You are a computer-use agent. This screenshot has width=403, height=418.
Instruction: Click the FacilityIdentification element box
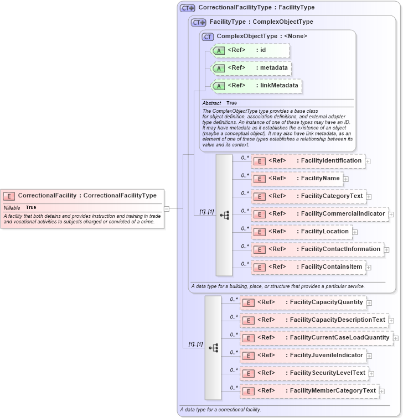click(x=308, y=161)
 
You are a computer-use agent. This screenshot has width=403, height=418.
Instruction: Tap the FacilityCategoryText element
click(x=308, y=196)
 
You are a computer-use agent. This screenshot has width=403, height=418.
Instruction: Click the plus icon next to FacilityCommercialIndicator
click(x=390, y=214)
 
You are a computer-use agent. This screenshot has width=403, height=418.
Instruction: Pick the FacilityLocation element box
click(x=301, y=232)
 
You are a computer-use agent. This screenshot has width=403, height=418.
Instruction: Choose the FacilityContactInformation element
click(x=317, y=249)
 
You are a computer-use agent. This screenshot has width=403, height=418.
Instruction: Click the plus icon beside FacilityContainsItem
click(x=368, y=267)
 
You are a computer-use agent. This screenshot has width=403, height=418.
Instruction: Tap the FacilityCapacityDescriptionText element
click(x=313, y=320)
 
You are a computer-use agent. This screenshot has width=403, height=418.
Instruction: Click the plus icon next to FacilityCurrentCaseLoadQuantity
click(x=396, y=338)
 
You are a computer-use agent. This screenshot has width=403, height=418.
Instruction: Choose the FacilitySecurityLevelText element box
click(x=304, y=373)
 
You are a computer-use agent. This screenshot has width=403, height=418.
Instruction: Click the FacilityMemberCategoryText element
click(x=309, y=391)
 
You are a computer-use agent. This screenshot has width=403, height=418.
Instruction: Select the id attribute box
click(x=250, y=50)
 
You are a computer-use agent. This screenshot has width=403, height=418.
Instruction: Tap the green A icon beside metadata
click(x=219, y=68)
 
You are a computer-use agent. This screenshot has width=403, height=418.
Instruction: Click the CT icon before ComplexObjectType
click(x=208, y=36)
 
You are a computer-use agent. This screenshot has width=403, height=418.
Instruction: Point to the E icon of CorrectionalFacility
click(x=9, y=196)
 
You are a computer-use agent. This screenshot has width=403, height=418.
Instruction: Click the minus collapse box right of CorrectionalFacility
click(x=167, y=208)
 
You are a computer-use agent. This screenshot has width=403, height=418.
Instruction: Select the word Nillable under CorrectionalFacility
click(x=12, y=207)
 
